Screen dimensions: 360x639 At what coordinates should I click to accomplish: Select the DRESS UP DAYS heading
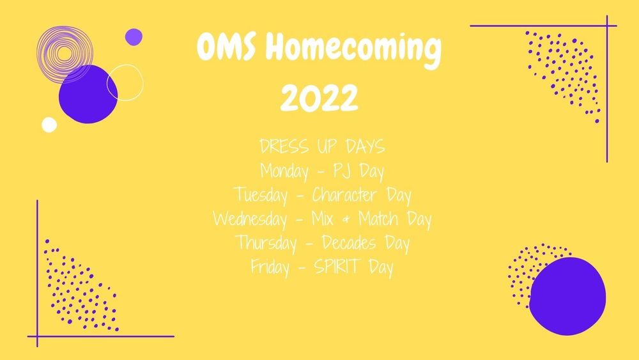(x=322, y=148)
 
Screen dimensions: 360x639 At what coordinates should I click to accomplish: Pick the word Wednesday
(x=250, y=219)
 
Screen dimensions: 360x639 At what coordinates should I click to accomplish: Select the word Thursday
(x=265, y=243)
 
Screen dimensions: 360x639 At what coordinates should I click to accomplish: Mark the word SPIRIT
(x=338, y=267)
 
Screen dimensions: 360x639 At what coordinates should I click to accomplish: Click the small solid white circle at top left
(x=49, y=124)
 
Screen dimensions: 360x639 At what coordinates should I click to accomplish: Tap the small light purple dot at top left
(x=134, y=36)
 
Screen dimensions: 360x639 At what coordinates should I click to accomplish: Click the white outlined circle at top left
(x=125, y=82)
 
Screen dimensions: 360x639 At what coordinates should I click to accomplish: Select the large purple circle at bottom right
(x=567, y=293)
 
